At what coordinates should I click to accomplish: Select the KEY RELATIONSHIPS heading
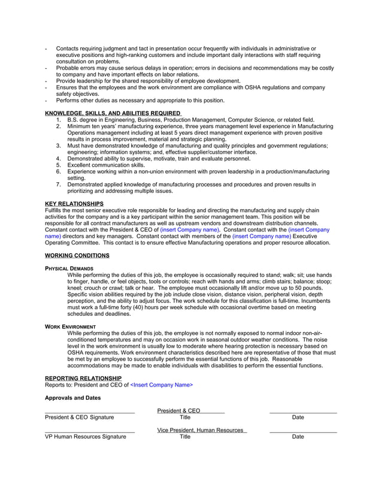point(74,204)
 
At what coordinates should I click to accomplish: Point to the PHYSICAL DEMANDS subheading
point(69,268)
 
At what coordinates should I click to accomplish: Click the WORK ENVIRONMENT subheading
point(71,326)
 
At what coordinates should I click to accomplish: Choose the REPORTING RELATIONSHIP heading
point(83,378)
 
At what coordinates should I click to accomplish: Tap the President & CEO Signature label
point(79,417)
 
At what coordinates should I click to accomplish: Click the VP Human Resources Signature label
point(86,437)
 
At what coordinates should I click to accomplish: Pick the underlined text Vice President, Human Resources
point(200,430)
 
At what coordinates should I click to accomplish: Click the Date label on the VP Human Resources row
point(298,437)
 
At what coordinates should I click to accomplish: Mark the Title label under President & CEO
point(185,417)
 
